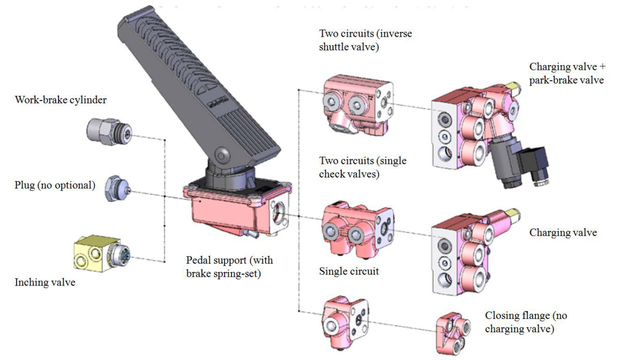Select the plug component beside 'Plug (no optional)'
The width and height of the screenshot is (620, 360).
(116, 189)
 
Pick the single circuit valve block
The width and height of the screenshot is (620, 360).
(344, 322)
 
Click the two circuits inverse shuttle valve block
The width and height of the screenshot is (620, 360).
(357, 104)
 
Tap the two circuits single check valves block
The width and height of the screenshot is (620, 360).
(357, 228)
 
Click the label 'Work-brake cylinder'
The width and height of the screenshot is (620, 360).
(61, 100)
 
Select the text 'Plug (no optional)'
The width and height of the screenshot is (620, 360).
(55, 185)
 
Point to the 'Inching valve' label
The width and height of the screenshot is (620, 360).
(45, 282)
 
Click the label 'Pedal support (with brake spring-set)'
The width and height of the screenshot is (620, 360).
(229, 267)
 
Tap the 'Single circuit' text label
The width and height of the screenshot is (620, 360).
(349, 271)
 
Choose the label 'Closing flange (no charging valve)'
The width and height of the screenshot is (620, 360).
(526, 322)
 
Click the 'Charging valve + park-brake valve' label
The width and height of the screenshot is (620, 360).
(567, 73)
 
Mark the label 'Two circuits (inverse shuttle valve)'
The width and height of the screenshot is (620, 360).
(365, 40)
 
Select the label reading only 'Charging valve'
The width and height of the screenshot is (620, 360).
(563, 233)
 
